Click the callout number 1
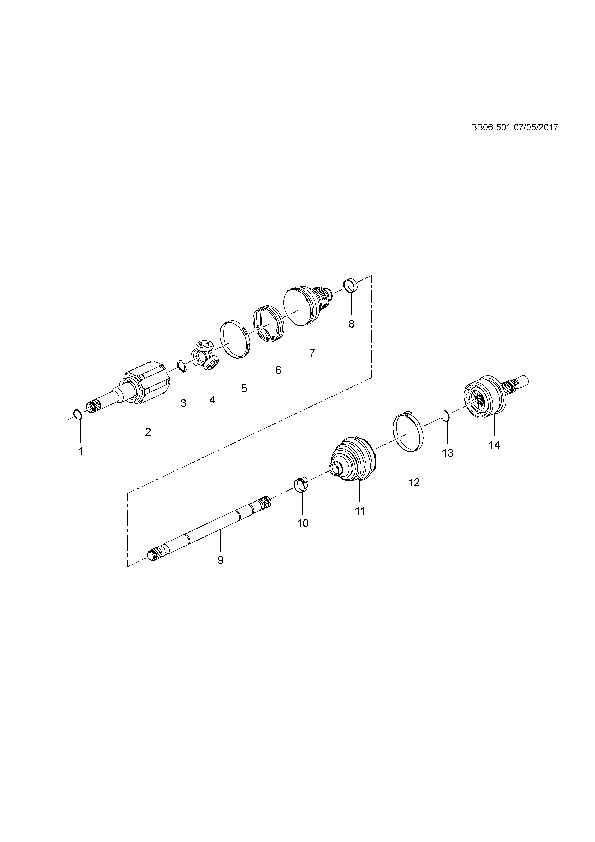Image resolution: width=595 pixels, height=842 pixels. point(80,451)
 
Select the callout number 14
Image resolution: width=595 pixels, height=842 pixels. point(494,445)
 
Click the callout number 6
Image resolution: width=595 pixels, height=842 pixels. point(278,370)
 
